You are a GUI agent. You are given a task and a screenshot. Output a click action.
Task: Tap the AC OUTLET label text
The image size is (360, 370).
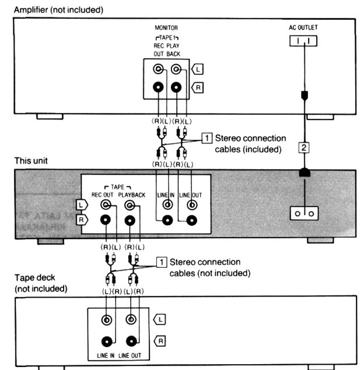303,27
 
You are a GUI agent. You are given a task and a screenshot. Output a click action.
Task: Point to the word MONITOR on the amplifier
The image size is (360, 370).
166,27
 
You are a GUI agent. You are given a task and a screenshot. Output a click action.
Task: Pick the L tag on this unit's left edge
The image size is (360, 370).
82,204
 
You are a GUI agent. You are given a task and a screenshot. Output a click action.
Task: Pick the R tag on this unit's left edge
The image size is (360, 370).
82,221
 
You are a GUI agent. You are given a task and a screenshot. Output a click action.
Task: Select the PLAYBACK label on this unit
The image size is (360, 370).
132,193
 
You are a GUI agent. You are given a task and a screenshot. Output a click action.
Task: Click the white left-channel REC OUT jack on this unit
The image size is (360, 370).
106,205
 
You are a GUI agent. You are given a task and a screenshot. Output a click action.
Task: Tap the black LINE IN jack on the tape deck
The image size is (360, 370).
107,342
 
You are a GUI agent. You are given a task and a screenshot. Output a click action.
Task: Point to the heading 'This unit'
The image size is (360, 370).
19,159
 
